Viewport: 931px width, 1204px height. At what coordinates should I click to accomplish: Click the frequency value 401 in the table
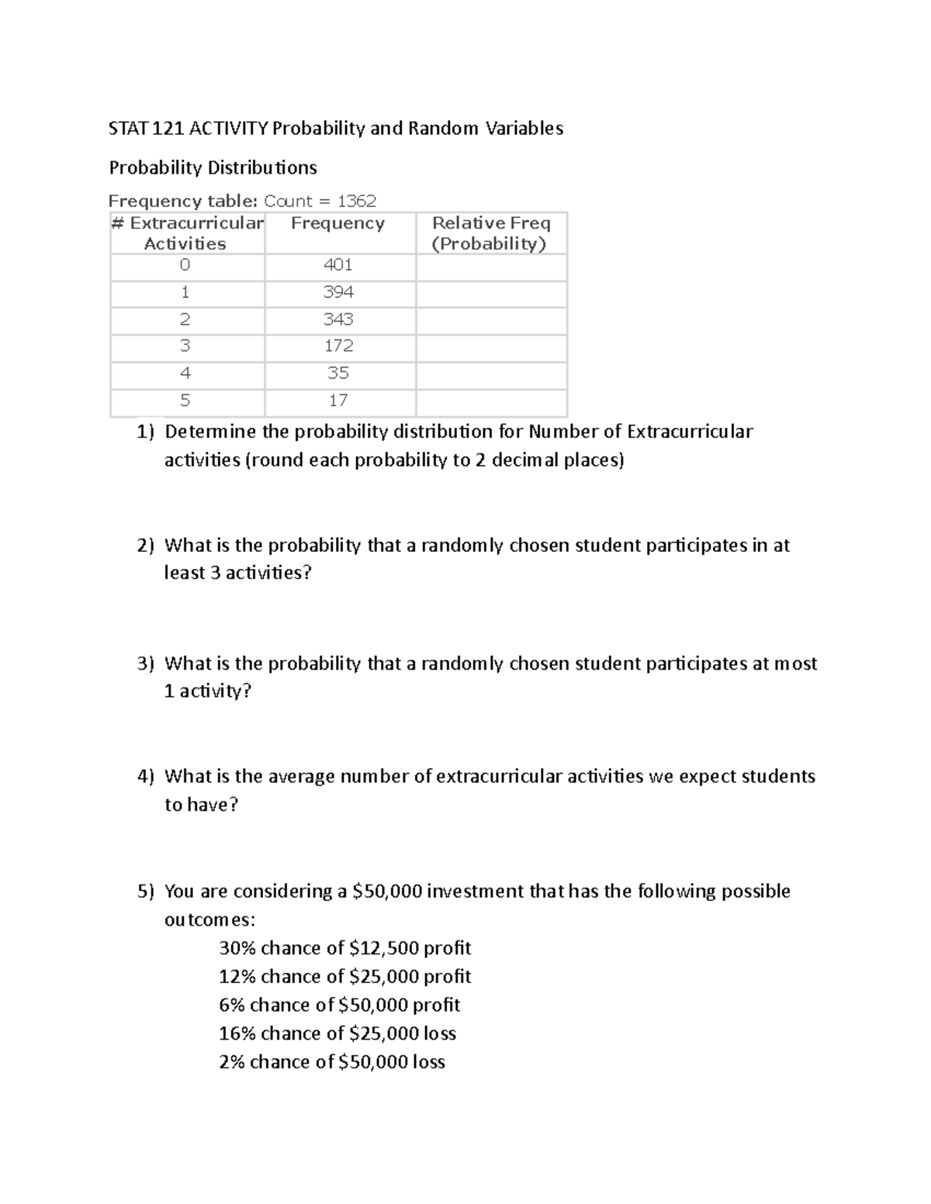(337, 265)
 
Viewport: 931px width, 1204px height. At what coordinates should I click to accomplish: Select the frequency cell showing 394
(337, 292)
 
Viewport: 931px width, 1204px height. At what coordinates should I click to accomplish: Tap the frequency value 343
(337, 319)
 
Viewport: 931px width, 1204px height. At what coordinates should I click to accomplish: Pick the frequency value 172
(337, 346)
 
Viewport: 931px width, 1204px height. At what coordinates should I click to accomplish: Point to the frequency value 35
(337, 373)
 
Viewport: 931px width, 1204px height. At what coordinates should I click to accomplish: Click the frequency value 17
(337, 401)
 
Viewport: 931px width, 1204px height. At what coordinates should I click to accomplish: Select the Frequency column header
(337, 223)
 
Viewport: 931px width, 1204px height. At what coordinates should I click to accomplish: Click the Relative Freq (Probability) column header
(490, 233)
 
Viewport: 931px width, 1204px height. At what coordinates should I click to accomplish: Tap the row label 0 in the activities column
(185, 265)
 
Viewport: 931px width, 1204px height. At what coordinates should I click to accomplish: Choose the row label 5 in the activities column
(185, 401)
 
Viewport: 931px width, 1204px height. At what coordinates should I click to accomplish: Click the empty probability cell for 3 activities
(490, 347)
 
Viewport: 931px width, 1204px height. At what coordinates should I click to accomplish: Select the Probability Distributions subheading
(213, 168)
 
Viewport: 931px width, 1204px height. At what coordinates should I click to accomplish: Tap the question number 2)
(146, 546)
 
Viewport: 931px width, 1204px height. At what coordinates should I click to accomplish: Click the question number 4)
(146, 777)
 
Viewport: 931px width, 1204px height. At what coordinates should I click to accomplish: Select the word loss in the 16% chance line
(439, 1033)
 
